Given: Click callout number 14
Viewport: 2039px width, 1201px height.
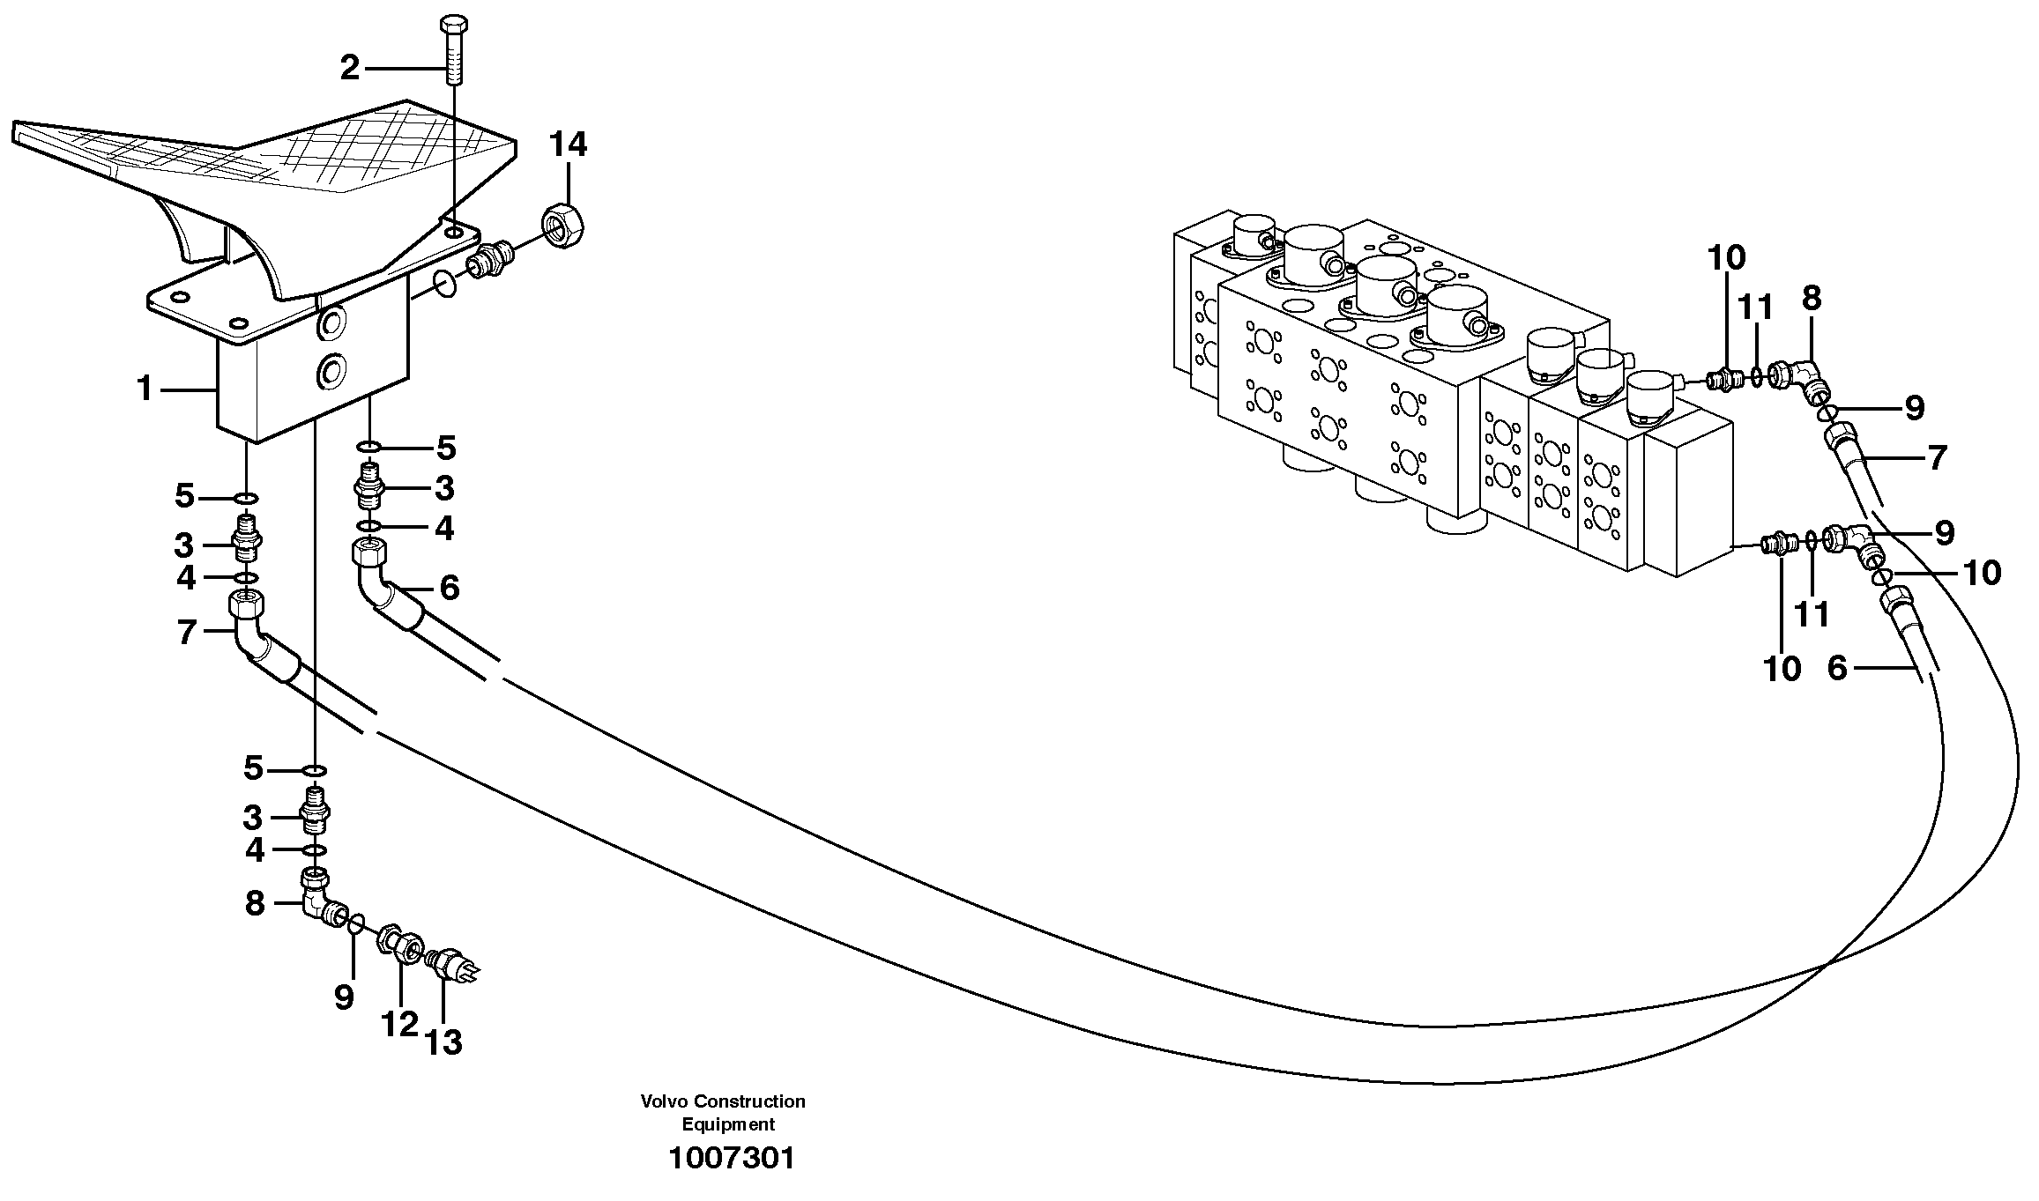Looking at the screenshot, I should click(569, 145).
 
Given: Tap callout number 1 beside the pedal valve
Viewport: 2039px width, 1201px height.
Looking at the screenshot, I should click(145, 388).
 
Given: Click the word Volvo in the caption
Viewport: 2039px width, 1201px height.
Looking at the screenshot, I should click(665, 1101).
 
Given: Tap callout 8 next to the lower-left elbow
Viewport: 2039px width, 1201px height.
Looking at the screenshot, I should click(255, 903).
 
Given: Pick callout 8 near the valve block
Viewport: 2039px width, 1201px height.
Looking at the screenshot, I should click(1811, 299).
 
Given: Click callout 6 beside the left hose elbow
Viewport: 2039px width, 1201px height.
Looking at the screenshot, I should click(450, 588).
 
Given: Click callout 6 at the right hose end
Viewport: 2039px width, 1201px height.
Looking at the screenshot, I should click(1836, 669).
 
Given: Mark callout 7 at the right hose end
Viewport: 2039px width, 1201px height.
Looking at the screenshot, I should click(1937, 458).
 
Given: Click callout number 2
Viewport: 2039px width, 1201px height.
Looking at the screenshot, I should click(350, 69).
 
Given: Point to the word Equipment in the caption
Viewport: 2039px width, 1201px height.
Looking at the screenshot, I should click(728, 1124).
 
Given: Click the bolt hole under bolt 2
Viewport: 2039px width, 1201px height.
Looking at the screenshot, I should click(452, 232).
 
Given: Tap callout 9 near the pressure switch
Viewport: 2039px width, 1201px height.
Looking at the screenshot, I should click(344, 997).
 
